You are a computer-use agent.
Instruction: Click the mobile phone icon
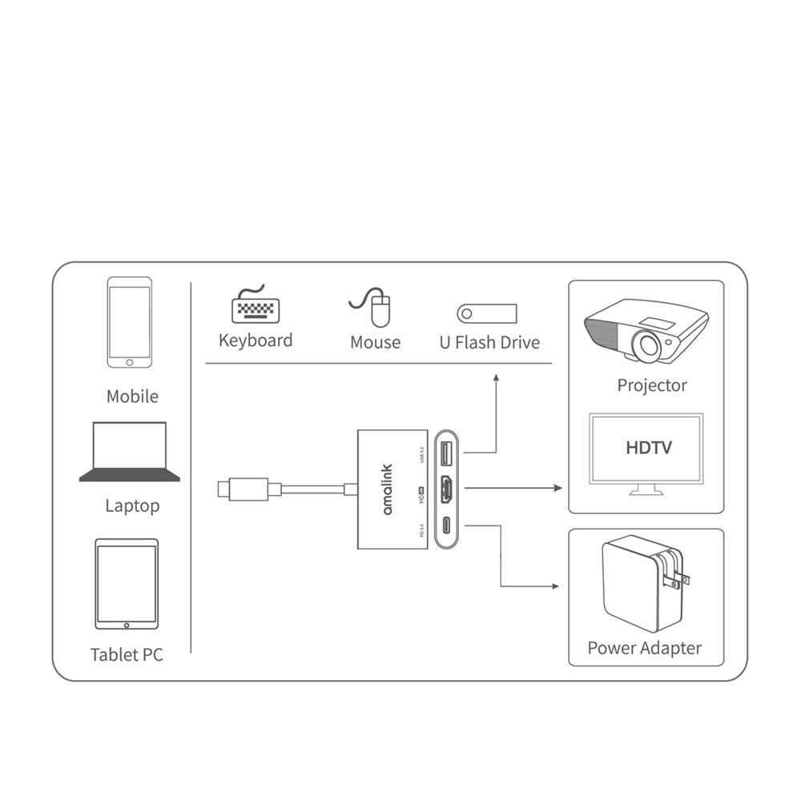click(x=130, y=322)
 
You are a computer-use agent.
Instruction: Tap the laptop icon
click(x=130, y=452)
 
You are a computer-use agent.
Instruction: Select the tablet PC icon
click(x=127, y=584)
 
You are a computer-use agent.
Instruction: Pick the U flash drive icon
click(x=487, y=312)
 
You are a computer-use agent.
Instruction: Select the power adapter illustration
click(x=644, y=586)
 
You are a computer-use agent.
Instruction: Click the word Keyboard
click(x=256, y=340)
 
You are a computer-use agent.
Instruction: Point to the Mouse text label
click(x=375, y=343)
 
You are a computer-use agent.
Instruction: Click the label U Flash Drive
click(x=489, y=343)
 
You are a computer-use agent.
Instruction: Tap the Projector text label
click(x=652, y=385)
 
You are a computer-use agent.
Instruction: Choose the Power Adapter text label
click(x=644, y=648)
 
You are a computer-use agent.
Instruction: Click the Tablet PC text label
click(x=127, y=654)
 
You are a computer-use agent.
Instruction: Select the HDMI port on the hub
click(x=445, y=489)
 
